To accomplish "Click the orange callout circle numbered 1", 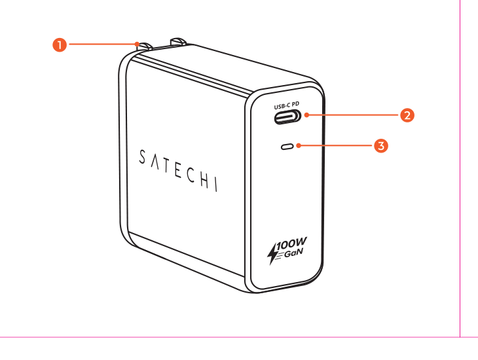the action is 60,45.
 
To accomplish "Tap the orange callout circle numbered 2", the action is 407,115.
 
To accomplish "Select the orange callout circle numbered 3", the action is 381,146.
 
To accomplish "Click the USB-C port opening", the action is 287,117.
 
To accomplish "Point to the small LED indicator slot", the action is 287,147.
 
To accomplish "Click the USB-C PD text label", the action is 287,105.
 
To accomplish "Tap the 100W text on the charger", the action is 292,243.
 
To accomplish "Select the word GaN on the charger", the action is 293,253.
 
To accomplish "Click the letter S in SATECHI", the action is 142,157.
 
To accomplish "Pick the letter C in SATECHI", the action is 191,175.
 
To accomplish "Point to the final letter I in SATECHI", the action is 217,185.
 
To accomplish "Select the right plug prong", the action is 177,42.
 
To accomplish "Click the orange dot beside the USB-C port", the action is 306,115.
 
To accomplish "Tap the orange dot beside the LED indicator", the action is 299,146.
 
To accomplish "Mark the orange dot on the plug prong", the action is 138,45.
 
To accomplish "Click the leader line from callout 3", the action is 337,146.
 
